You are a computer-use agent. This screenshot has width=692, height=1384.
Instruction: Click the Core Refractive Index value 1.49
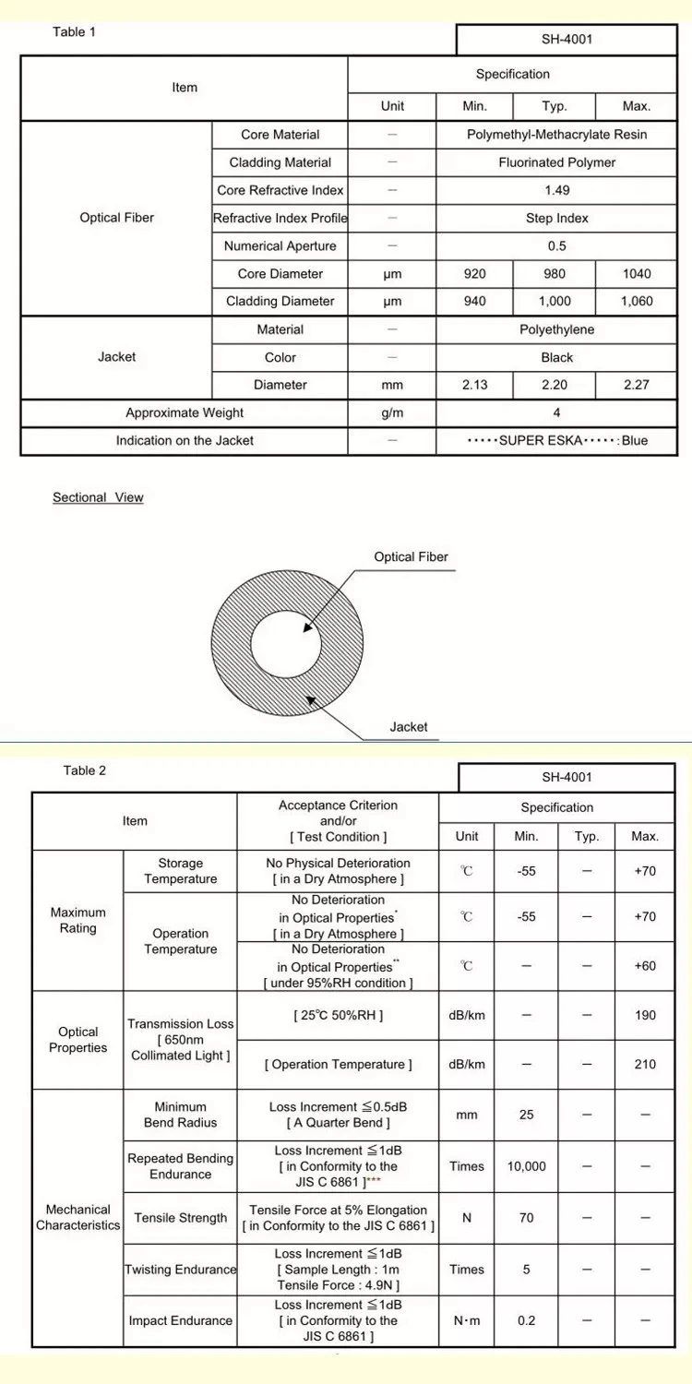click(x=557, y=190)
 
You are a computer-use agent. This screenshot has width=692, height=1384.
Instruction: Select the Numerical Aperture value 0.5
click(x=557, y=246)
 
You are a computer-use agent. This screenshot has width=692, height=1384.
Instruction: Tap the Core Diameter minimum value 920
click(x=474, y=274)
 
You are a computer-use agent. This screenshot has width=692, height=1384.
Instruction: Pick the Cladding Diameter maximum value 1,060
click(x=637, y=302)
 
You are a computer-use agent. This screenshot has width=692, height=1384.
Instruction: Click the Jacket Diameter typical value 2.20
click(x=555, y=385)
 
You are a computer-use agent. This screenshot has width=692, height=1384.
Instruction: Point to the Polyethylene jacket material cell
click(x=557, y=329)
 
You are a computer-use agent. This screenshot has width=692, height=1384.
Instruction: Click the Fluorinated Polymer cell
click(x=557, y=162)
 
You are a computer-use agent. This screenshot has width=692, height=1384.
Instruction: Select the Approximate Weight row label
click(x=185, y=413)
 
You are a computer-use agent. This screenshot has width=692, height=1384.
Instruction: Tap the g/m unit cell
click(x=392, y=413)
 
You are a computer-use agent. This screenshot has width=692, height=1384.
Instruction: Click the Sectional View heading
click(x=98, y=497)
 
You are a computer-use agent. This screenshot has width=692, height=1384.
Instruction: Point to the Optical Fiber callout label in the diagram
click(x=411, y=557)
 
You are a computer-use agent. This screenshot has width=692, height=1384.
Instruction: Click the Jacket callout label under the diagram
click(x=409, y=727)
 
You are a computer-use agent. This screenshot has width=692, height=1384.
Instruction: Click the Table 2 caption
click(x=85, y=770)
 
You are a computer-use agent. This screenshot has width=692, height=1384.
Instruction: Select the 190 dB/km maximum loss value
click(x=645, y=1015)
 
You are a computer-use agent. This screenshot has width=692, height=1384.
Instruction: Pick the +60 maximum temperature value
click(x=645, y=966)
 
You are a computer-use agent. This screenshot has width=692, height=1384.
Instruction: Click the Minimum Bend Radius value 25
click(x=526, y=1115)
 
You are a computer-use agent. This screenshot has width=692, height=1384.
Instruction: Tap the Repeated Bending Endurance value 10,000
click(x=526, y=1166)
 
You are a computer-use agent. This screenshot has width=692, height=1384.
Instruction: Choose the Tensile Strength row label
click(x=181, y=1218)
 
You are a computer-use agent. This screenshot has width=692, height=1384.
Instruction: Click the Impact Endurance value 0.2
click(x=526, y=1320)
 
